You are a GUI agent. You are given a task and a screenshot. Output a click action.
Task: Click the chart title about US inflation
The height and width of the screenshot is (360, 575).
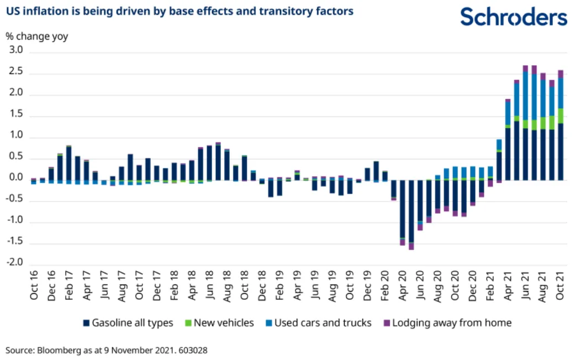[x=180, y=11]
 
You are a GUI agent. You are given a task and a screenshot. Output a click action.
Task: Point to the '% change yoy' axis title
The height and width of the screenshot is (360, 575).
[x=37, y=37]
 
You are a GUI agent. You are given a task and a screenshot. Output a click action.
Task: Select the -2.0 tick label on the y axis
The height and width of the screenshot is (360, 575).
[x=15, y=263]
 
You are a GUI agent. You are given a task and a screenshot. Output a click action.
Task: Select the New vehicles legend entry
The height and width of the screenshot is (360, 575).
[x=221, y=323]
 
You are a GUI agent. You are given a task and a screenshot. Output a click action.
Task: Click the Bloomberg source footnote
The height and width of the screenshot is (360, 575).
[x=107, y=350]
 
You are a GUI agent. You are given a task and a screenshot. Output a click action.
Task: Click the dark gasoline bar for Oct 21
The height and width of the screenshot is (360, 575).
[x=561, y=152]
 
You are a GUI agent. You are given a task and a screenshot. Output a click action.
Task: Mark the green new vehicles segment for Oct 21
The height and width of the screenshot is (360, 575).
[x=561, y=115]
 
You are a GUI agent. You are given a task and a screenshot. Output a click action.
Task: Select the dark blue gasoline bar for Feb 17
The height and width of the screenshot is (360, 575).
[x=69, y=163]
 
